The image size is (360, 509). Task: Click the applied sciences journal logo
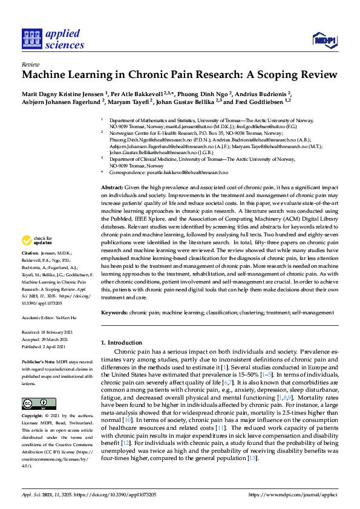(53, 39)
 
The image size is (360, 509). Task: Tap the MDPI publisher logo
(324, 41)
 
